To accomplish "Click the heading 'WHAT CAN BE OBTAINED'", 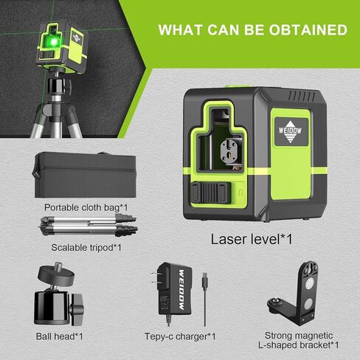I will point(253,30).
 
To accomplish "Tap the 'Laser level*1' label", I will point(250,239).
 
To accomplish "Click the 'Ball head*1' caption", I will point(58,336).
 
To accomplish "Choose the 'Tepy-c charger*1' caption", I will point(181,336).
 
